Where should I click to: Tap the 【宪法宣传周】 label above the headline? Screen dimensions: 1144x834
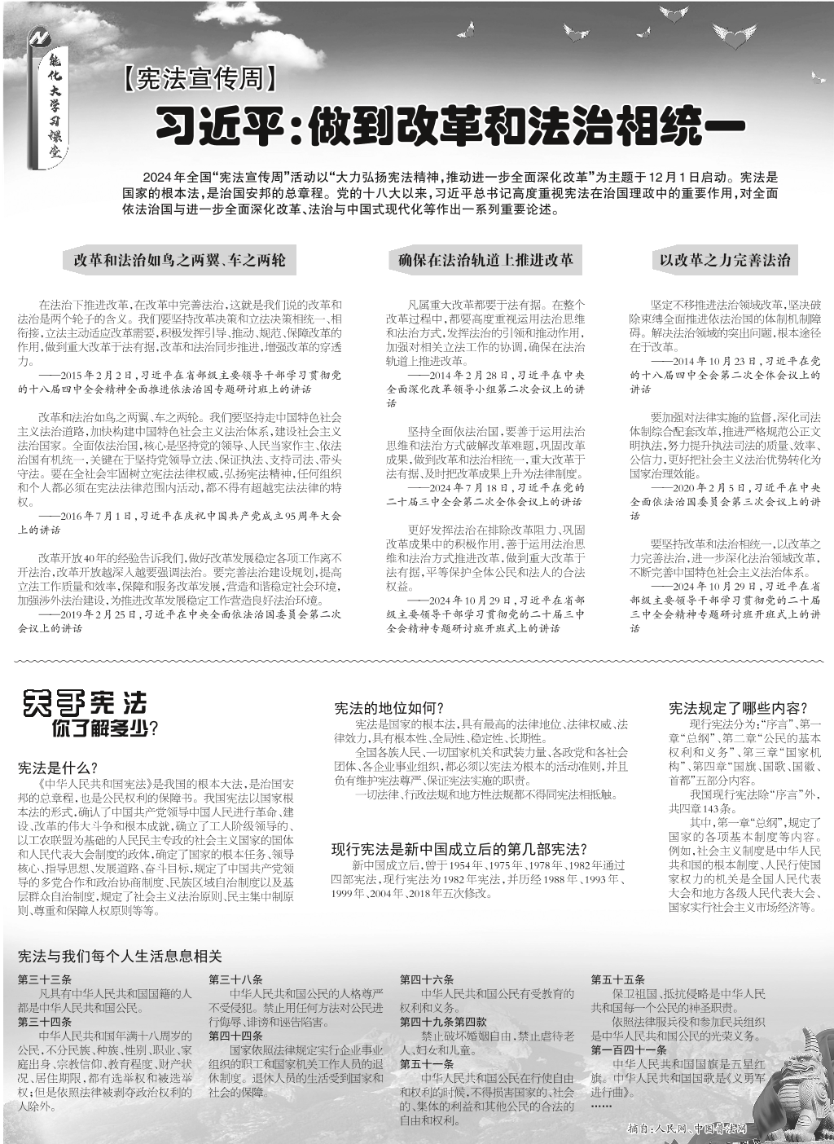(x=201, y=79)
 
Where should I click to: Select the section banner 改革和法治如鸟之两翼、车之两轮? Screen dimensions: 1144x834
(x=179, y=261)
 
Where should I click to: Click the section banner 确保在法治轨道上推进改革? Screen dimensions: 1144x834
(x=485, y=261)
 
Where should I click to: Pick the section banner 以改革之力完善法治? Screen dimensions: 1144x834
(x=725, y=261)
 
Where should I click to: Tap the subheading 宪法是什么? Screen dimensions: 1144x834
(x=58, y=768)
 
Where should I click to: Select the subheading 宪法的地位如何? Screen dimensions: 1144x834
(x=388, y=709)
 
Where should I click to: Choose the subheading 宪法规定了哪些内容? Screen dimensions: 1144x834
(x=738, y=709)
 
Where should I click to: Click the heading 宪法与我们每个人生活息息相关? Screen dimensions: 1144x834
(x=120, y=956)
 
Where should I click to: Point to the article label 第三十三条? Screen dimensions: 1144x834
(x=45, y=979)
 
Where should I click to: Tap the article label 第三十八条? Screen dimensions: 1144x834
(x=235, y=979)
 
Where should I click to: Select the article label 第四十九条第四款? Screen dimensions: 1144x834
(x=443, y=1022)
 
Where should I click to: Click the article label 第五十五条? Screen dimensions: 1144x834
(x=618, y=979)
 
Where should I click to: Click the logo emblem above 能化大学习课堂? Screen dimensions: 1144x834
(x=39, y=38)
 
